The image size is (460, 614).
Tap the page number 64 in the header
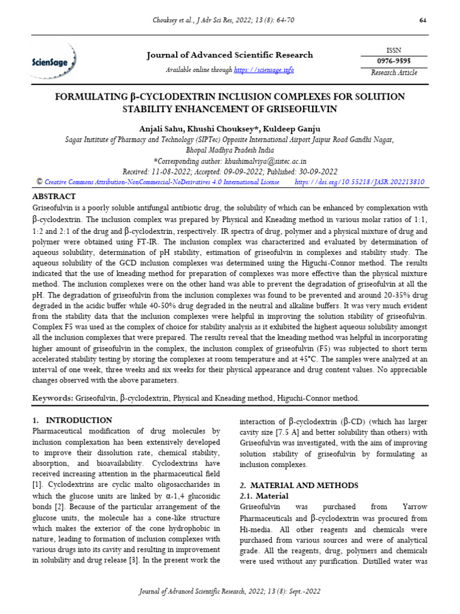[422, 21]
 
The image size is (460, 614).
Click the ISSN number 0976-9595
[394, 61]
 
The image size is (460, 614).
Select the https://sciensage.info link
[264, 70]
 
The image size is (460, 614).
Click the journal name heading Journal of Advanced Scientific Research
[230, 55]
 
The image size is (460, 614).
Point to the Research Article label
[394, 73]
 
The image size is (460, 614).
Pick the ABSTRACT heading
[54, 196]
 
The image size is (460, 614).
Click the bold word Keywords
[52, 398]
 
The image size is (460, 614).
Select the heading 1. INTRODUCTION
[72, 420]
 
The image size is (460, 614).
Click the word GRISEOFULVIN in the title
[298, 109]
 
